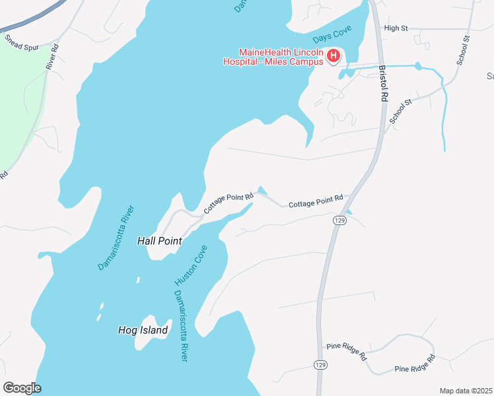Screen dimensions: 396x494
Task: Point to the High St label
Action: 396,28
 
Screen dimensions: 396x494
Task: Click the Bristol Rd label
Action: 382,82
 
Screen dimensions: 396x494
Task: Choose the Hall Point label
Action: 159,241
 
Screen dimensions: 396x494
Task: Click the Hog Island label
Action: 143,330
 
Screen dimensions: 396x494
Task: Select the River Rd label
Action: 53,57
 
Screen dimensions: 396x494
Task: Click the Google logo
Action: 22,388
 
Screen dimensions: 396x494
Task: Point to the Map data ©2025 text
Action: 465,391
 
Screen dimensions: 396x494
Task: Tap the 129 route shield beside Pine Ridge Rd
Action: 320,365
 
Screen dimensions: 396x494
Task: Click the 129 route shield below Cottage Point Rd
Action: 339,220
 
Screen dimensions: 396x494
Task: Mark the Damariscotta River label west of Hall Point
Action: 116,238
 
